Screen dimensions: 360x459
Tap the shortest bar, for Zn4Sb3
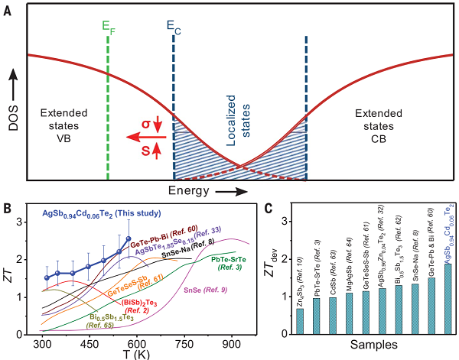300,321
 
